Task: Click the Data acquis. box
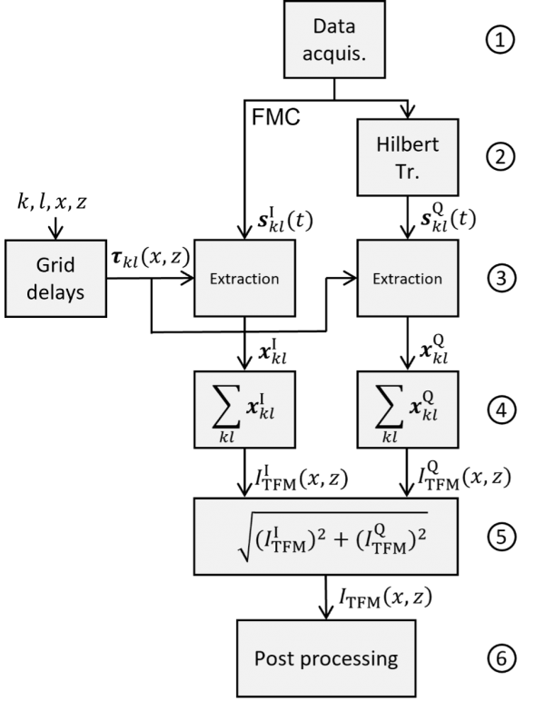[x=333, y=40]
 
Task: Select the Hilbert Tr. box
[x=407, y=157]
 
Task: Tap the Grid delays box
[x=55, y=278]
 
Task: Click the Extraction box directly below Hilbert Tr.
[x=407, y=278]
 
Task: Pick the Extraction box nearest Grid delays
[x=244, y=278]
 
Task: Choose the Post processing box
[x=326, y=658]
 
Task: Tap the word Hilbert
[x=407, y=144]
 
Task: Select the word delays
[x=55, y=292]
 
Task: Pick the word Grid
[x=55, y=266]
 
